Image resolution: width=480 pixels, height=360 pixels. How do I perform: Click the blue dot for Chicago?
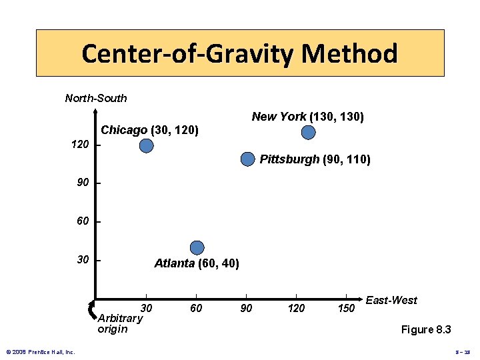147,145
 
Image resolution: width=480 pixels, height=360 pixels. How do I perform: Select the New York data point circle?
308,133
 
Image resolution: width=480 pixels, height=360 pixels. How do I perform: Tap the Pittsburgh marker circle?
247,159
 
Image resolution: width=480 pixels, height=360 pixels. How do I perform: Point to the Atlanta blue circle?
197,248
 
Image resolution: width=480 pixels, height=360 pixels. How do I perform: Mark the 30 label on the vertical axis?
83,259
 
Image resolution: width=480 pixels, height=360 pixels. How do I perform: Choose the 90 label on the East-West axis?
246,308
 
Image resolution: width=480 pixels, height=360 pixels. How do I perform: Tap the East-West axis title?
391,300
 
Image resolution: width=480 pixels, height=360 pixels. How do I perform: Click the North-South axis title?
96,98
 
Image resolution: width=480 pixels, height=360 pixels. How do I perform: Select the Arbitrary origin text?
120,323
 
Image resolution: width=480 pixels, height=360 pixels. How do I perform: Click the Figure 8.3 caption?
426,329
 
